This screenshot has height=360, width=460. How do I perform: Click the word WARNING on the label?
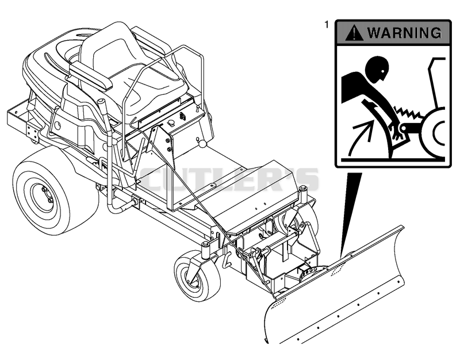(x=404, y=32)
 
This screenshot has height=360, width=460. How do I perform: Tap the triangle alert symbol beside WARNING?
(x=354, y=33)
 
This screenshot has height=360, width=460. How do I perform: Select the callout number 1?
(x=327, y=25)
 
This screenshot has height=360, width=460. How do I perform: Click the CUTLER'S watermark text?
(x=229, y=179)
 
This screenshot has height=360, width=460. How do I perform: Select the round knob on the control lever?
(x=202, y=144)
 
